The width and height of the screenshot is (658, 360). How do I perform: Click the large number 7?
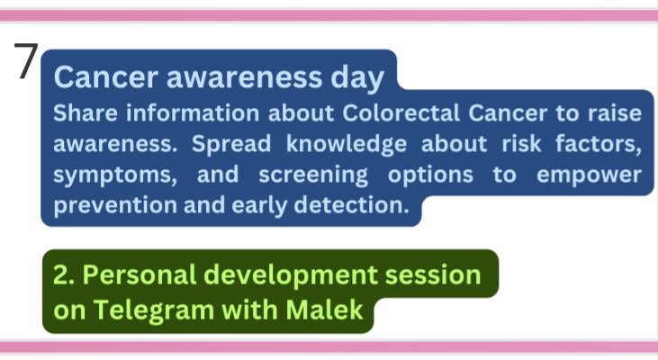[26, 60]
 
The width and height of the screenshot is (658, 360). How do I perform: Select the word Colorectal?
[401, 113]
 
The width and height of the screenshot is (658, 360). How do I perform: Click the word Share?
[86, 113]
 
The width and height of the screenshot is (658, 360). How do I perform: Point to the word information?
[193, 113]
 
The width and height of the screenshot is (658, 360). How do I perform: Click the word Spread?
[231, 145]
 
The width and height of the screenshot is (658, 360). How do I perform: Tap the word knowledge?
[347, 145]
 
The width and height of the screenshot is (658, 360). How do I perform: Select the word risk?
[521, 144]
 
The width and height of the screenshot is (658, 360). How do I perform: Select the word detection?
[351, 205]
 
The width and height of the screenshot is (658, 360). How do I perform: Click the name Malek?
[324, 310]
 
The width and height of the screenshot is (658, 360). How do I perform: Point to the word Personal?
[140, 274]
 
